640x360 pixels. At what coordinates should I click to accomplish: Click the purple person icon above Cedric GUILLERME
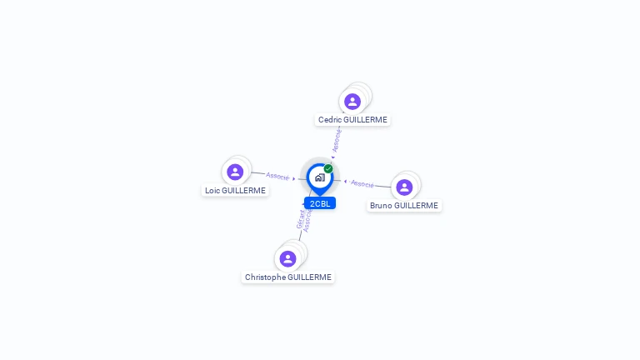click(352, 102)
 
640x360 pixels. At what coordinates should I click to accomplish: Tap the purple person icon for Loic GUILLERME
click(235, 172)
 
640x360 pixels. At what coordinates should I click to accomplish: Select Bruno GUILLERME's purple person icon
click(404, 187)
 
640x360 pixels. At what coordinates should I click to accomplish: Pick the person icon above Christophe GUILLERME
click(287, 258)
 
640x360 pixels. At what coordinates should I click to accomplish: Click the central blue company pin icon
click(319, 177)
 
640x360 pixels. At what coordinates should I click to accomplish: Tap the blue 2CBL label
click(320, 203)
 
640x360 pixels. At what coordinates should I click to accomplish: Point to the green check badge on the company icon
click(328, 168)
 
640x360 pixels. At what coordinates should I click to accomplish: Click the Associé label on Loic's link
click(277, 177)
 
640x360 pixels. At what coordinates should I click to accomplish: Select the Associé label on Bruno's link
click(362, 183)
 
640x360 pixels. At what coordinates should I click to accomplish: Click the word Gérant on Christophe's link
click(301, 220)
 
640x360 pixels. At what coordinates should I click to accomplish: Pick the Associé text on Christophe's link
click(307, 222)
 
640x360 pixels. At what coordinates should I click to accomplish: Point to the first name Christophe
click(265, 277)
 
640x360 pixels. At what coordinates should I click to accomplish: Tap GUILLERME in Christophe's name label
click(309, 277)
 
